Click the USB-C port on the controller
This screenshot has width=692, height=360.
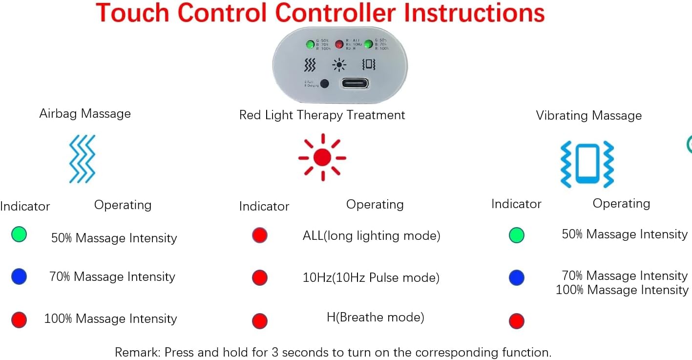355,83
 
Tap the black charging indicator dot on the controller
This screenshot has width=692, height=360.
324,84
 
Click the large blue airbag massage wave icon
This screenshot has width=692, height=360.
82,159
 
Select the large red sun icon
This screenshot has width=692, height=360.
322,157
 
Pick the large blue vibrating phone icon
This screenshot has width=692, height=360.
587,165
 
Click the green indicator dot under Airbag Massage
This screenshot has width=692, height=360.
19,235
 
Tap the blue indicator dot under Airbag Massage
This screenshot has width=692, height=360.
19,277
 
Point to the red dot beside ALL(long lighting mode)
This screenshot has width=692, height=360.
260,235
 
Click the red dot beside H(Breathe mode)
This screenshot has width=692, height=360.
260,321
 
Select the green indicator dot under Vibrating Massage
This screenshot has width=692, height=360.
516,235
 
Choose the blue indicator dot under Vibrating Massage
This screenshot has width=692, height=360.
516,278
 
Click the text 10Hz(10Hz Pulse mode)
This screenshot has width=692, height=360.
371,278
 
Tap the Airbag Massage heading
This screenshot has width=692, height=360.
85,114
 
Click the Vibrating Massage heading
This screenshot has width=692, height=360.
588,116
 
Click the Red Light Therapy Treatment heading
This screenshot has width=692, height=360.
322,115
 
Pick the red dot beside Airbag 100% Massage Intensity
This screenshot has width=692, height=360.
19,320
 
